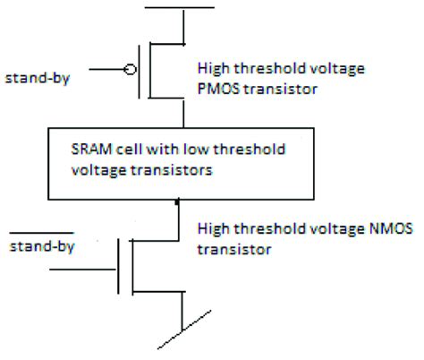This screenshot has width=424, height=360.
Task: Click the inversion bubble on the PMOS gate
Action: pyautogui.click(x=131, y=68)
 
